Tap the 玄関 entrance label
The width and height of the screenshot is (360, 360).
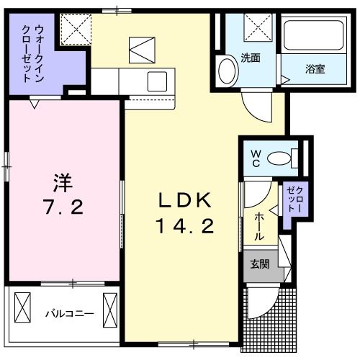[260, 264]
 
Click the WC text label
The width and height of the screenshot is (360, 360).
[255, 158]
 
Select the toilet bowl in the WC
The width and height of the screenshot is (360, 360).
[290, 156]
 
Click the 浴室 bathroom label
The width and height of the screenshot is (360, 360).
[315, 70]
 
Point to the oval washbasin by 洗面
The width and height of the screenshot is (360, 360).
[227, 73]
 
